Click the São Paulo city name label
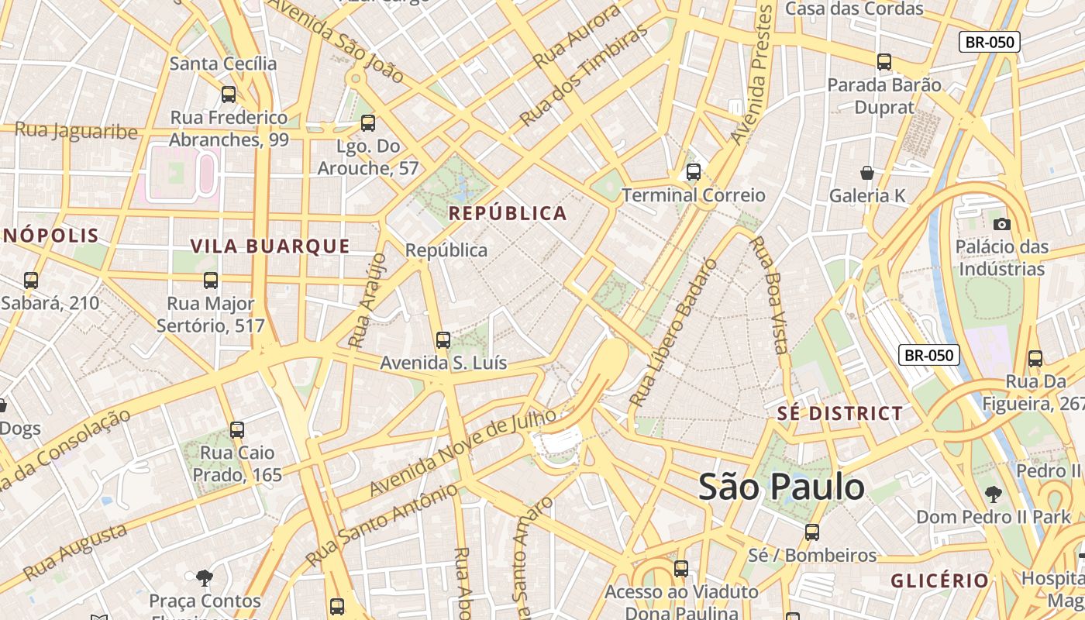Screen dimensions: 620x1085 coord(781,487)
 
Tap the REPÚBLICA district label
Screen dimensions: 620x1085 coord(508,213)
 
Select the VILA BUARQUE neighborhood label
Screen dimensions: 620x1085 coord(270,246)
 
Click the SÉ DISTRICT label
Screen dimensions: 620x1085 coord(840,413)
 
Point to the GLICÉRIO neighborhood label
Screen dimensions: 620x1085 coord(939,580)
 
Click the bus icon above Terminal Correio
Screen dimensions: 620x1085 coord(694,172)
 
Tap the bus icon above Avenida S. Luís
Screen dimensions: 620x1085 coord(443,339)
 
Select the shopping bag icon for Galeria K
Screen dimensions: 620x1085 coord(867,173)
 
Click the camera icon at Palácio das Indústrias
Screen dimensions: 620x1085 coord(1001,224)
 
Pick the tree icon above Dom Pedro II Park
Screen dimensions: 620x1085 coord(993,494)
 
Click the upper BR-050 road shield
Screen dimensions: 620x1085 coord(989,42)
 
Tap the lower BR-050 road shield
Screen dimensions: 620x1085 coord(929,355)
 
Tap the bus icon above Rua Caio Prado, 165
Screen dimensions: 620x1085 coord(237,429)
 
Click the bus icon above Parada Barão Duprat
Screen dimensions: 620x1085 coord(884,62)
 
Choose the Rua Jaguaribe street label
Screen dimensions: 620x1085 coord(76,131)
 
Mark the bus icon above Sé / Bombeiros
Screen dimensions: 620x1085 coord(811,532)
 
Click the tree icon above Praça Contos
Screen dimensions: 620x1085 coord(205,577)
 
